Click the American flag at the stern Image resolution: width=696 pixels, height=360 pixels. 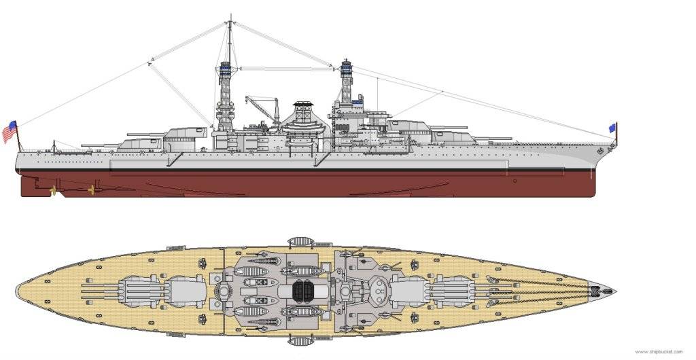tap(10, 131)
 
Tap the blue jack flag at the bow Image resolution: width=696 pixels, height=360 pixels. tap(612, 128)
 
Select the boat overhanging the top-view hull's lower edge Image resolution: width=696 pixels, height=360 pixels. tap(300, 339)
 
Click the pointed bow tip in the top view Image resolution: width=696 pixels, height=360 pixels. tap(614, 291)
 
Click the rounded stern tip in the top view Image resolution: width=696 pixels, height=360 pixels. tap(18, 291)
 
